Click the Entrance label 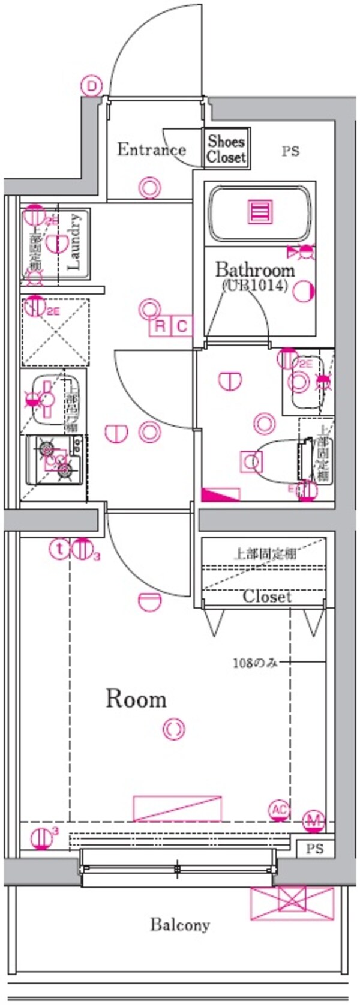click(151, 149)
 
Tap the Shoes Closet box click(227, 149)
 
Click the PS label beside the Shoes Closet click(290, 151)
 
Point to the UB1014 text click(255, 286)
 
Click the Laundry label click(74, 241)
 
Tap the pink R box click(160, 326)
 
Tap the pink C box click(182, 326)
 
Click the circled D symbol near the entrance click(92, 86)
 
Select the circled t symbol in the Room click(59, 548)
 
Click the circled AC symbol click(280, 810)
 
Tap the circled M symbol click(313, 820)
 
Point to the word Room click(136, 699)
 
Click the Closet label click(267, 597)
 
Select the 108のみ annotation click(255, 663)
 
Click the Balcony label click(180, 925)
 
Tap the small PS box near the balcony click(314, 849)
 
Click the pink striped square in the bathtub click(262, 212)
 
